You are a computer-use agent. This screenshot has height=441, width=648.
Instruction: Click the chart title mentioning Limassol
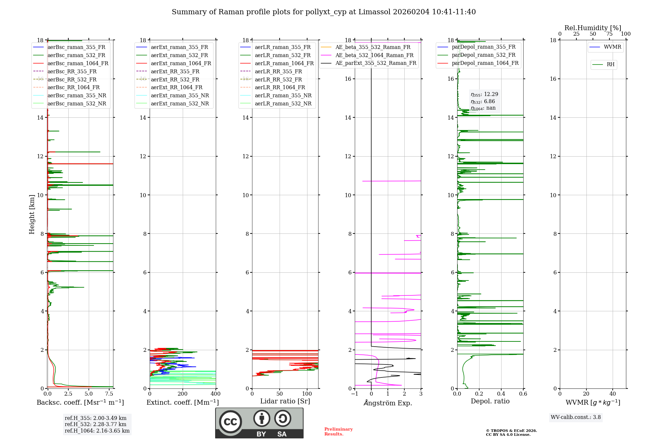324,12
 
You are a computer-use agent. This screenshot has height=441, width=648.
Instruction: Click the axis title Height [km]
32,214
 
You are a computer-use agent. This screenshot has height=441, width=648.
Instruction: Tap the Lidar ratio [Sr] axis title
285,401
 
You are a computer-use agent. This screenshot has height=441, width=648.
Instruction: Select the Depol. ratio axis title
490,401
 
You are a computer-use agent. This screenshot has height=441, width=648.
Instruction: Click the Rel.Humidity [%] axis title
593,28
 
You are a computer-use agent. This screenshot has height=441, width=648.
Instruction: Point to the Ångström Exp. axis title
388,403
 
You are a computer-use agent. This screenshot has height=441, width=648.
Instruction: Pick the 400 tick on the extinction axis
216,394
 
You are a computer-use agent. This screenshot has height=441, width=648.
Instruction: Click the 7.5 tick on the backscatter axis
109,394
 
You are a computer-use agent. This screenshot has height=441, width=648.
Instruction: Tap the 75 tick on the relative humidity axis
609,34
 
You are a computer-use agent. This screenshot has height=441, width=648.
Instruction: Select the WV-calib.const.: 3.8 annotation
576,417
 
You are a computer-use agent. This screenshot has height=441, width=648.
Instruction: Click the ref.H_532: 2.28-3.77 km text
96,424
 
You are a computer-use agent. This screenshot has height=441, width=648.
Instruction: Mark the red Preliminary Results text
339,432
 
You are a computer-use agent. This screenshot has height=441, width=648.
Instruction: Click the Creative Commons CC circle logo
230,422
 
